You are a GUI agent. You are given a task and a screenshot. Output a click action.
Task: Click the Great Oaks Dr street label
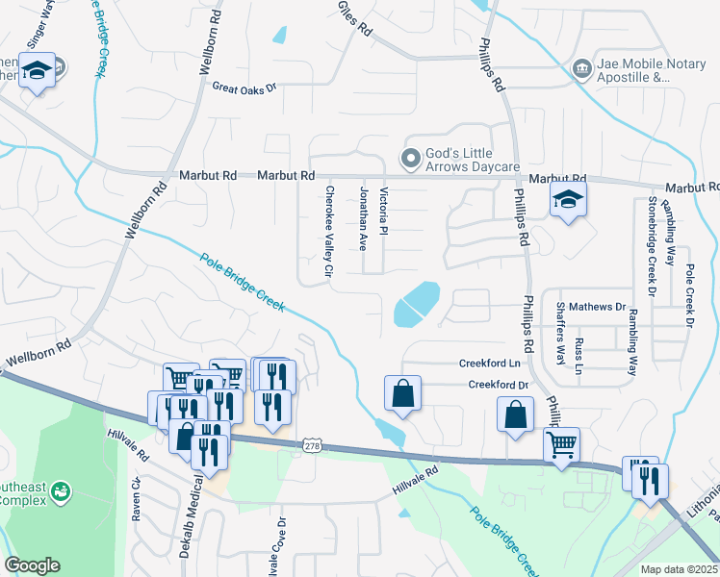244,87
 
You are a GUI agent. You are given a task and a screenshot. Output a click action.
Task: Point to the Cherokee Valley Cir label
329,232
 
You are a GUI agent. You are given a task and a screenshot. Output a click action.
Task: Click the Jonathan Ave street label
363,219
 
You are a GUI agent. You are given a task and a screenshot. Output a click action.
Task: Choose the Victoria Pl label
383,213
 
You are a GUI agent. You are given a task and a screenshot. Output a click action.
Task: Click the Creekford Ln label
489,364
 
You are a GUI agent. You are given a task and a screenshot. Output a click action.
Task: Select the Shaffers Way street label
559,333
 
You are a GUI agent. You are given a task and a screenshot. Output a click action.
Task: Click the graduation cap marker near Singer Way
37,72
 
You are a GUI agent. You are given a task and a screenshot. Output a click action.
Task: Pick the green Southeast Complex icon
61,492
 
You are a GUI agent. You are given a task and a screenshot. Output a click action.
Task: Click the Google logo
32,565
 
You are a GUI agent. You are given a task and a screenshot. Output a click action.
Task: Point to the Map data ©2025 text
679,569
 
